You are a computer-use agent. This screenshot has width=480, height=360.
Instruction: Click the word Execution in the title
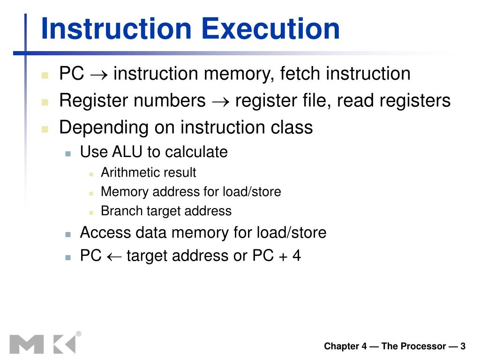(x=271, y=29)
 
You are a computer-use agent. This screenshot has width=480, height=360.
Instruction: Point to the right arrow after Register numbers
(x=220, y=101)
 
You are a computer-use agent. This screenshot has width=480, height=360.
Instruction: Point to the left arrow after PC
(x=114, y=256)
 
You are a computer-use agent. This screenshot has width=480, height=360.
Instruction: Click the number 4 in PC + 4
(x=296, y=256)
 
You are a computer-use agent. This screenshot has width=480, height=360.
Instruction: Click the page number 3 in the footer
(x=463, y=346)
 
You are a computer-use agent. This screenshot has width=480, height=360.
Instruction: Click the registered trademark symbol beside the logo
(x=78, y=334)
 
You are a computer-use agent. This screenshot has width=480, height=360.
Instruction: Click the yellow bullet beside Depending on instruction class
(x=45, y=128)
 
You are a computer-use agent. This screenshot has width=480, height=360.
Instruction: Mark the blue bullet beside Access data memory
(x=68, y=233)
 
